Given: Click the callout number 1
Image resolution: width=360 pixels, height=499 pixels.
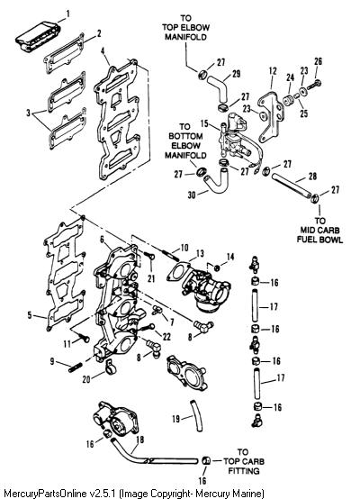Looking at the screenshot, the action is click(x=67, y=14).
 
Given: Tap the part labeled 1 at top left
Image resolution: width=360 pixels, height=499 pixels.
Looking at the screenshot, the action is click(x=38, y=36).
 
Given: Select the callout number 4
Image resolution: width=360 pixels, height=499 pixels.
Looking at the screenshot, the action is click(x=103, y=51).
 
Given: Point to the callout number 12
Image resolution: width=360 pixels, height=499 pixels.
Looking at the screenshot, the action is click(x=273, y=70).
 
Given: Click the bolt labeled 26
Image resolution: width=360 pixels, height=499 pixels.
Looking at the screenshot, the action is click(x=314, y=85).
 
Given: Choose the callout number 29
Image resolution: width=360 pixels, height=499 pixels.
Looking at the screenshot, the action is click(x=236, y=74).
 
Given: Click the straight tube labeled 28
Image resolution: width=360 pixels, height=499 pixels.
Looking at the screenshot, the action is click(x=291, y=186).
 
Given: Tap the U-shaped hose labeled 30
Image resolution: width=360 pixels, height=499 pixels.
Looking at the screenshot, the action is click(x=217, y=181).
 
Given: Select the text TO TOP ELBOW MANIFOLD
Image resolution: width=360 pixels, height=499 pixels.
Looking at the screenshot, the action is click(x=185, y=27).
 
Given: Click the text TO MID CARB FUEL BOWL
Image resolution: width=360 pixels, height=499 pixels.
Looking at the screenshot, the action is click(x=319, y=230).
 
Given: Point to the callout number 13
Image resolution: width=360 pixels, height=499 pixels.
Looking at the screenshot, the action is click(x=200, y=254).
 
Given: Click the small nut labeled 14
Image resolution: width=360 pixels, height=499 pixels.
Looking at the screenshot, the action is click(x=217, y=268).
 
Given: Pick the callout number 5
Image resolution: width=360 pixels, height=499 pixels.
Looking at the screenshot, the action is click(x=30, y=315).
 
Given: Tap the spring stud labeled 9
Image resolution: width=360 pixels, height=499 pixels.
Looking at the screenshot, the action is click(x=76, y=367).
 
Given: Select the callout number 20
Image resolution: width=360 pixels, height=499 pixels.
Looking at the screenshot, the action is click(x=86, y=379).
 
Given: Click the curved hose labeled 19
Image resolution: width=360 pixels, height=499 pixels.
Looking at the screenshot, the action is click(x=196, y=415).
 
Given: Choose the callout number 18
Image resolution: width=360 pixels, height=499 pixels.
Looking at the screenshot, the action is click(x=139, y=440).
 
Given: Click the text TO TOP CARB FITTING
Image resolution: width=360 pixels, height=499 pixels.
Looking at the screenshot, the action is click(x=243, y=461).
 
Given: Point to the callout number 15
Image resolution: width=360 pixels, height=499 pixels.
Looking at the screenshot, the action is click(x=204, y=123).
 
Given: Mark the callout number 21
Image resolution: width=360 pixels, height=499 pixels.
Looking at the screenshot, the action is click(x=151, y=278).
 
